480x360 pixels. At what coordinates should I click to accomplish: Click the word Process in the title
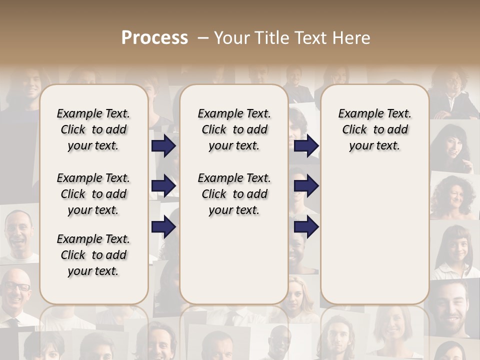coord(154,37)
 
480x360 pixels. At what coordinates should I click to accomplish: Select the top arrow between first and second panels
coord(163,146)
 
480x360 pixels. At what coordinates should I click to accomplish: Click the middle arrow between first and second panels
coord(163,186)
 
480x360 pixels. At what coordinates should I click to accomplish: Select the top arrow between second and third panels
coord(306,146)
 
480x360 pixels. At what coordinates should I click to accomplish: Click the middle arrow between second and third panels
coord(306,186)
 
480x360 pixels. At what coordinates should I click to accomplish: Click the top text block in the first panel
coord(93,129)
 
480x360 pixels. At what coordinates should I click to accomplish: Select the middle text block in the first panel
coord(93,194)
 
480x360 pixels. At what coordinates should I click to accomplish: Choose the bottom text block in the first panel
coord(93,255)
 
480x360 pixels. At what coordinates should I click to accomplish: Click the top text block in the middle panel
coord(234,129)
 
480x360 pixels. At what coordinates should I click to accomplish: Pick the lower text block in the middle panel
coord(234,194)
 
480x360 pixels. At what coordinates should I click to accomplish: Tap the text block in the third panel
coord(374,129)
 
